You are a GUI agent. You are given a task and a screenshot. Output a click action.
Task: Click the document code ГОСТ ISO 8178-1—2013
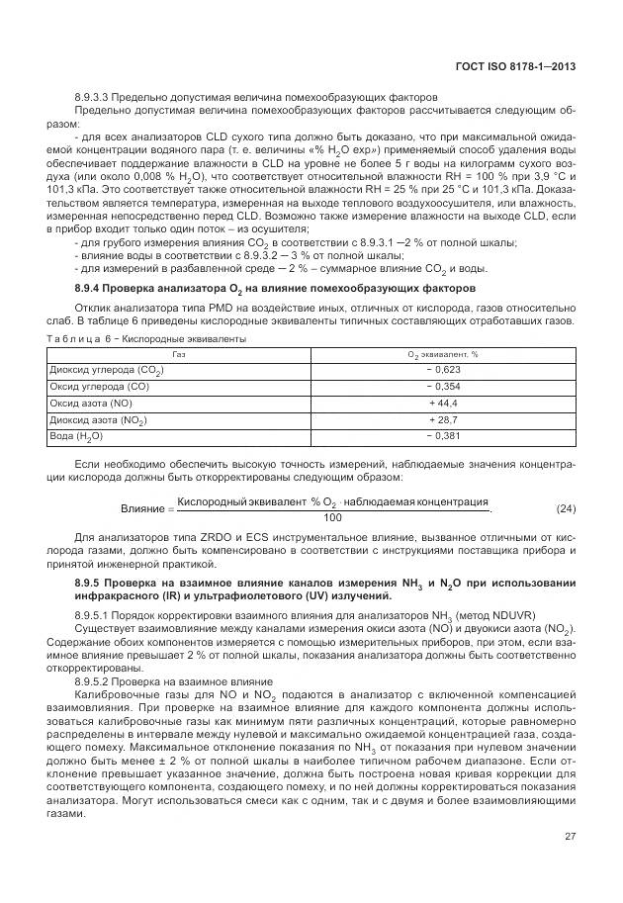523,67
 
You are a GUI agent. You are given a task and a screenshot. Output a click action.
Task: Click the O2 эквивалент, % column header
442,354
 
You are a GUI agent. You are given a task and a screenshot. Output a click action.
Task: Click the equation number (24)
566,508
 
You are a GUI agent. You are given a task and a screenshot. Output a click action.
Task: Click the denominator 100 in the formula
332,517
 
